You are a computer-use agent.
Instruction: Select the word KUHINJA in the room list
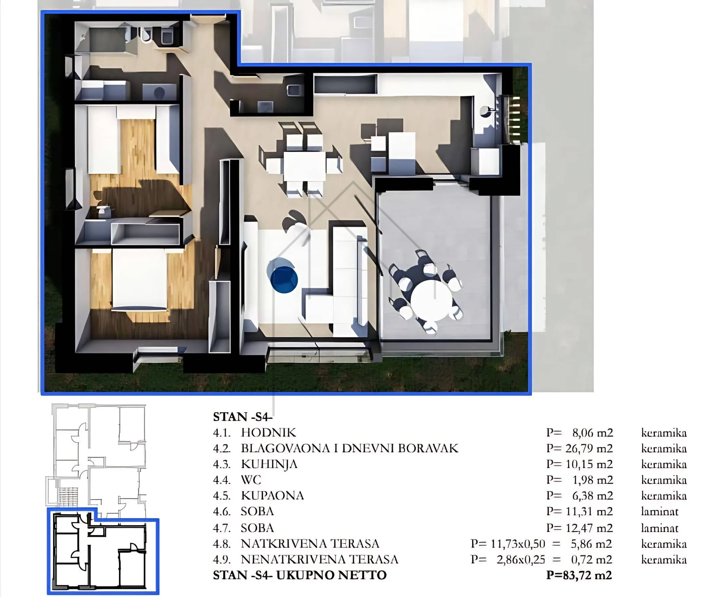pyautogui.click(x=269, y=464)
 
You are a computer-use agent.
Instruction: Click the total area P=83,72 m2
pyautogui.click(x=579, y=575)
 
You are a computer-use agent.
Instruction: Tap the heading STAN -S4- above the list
pyautogui.click(x=243, y=417)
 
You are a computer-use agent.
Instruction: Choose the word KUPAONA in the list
pyautogui.click(x=272, y=495)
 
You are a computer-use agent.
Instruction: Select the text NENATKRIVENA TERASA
pyautogui.click(x=320, y=559)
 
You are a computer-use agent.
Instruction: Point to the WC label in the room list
pyautogui.click(x=251, y=480)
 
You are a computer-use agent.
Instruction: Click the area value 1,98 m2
pyautogui.click(x=592, y=480)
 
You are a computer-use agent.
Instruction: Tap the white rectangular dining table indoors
pyautogui.click(x=305, y=166)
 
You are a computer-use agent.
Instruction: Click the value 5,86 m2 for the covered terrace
pyautogui.click(x=591, y=544)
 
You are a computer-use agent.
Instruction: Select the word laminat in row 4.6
pyautogui.click(x=659, y=511)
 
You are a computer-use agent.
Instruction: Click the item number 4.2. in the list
pyautogui.click(x=222, y=448)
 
